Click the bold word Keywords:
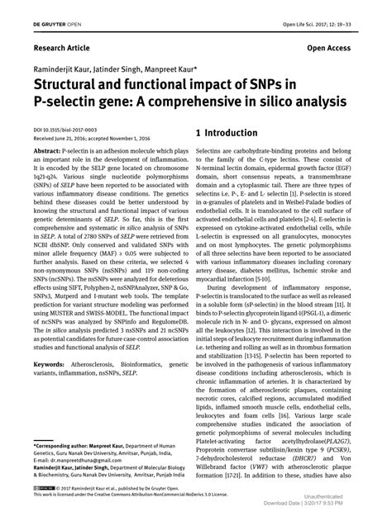[51, 363]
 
